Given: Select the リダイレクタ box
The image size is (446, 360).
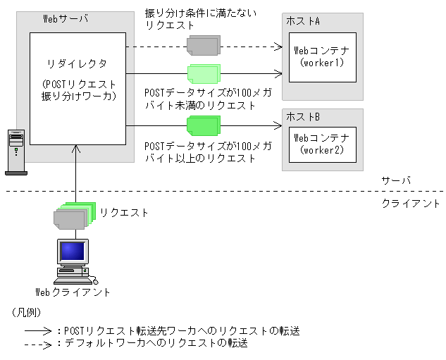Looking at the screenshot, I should (77, 85).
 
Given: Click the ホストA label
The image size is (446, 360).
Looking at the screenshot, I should (303, 21).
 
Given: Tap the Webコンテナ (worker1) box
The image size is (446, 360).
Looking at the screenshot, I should (321, 56).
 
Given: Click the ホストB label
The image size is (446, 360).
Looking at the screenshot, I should (303, 117).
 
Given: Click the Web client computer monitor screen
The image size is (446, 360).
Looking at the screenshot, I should (72, 252).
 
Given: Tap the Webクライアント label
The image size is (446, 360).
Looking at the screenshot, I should (73, 292).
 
